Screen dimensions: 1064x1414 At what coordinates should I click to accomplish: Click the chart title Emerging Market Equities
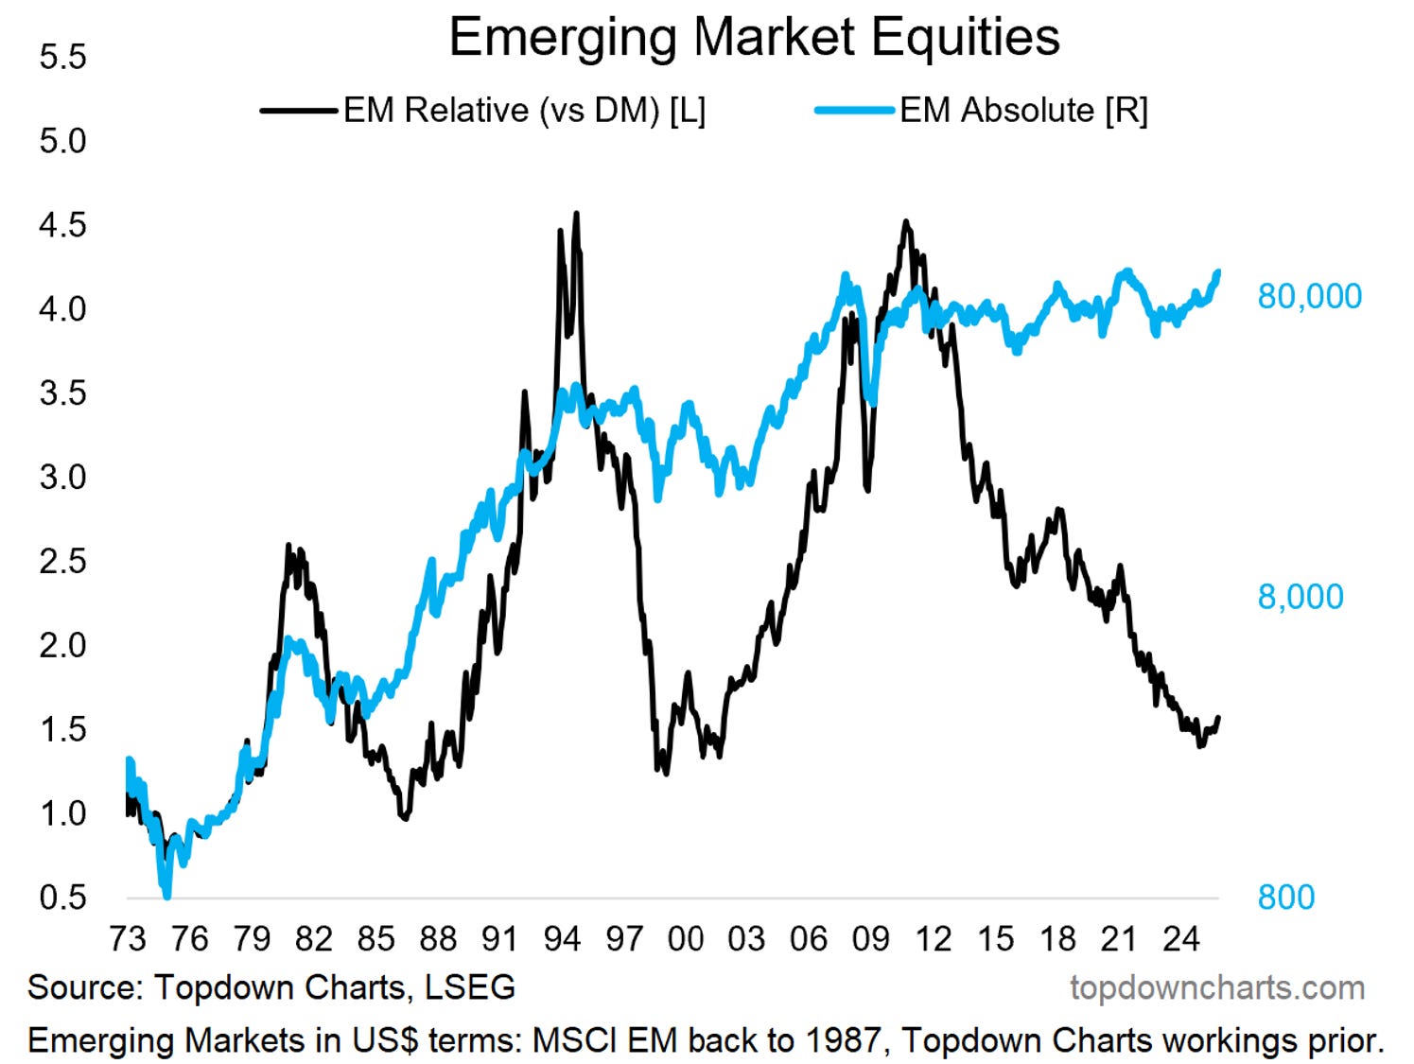(754, 38)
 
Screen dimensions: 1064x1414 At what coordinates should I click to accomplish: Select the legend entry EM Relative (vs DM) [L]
(524, 111)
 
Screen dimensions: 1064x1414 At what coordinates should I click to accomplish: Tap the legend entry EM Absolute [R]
(1023, 111)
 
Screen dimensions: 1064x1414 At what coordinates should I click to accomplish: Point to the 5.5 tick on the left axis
(62, 57)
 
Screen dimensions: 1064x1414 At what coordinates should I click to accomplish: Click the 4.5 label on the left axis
(62, 225)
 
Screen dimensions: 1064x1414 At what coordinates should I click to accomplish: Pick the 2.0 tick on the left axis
(62, 645)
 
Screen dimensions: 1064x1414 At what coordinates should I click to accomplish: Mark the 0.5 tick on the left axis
(62, 898)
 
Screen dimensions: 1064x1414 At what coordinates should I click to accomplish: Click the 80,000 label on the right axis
(1309, 296)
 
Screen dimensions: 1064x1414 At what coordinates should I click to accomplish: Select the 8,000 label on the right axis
(1300, 597)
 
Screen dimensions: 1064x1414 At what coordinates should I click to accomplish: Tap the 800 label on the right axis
(1285, 898)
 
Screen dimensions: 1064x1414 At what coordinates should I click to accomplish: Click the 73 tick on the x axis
(128, 939)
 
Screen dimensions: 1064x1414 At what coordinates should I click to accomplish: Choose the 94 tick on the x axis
(562, 939)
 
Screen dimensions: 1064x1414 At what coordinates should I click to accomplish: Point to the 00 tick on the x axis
(686, 939)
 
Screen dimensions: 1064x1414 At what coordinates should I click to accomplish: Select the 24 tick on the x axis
(1181, 939)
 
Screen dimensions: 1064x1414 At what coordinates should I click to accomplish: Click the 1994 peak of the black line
(576, 215)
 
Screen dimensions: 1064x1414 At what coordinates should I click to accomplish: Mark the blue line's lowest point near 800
(167, 895)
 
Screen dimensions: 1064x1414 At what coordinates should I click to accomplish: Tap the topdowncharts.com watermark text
(1217, 988)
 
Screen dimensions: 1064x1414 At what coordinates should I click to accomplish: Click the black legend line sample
(299, 111)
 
